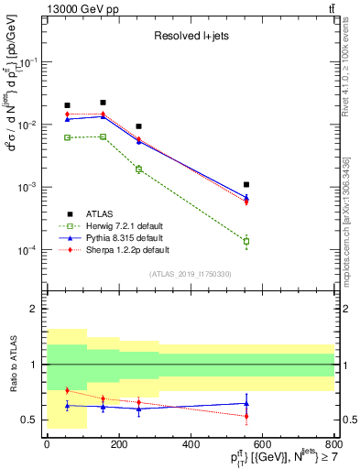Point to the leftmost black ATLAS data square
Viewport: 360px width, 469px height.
tap(67, 105)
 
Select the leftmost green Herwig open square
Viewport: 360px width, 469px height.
tap(67, 137)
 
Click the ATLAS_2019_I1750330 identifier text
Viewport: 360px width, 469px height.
tap(191, 274)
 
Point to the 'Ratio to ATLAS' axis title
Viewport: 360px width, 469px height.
tap(11, 365)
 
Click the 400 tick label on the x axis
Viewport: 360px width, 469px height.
tap(191, 444)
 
